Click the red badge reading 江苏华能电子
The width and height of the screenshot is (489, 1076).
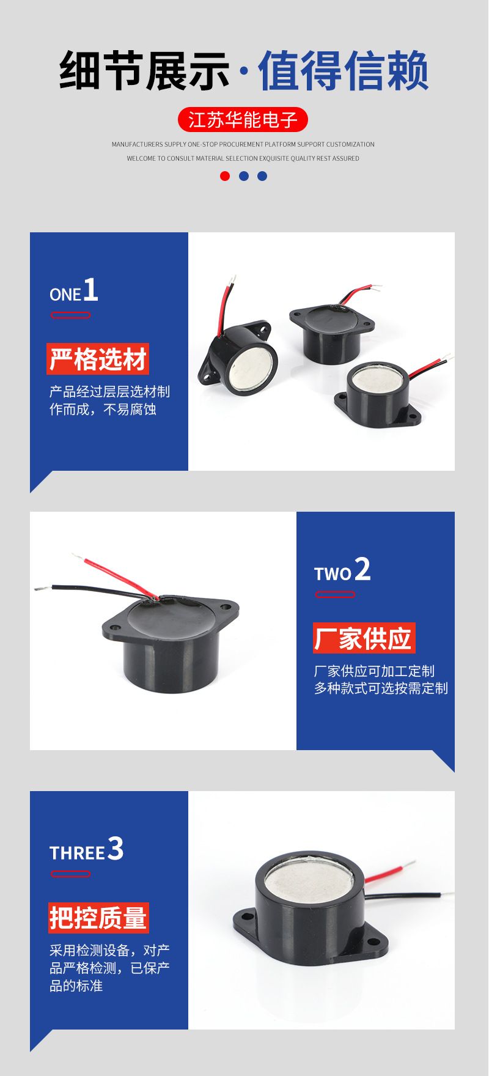click(243, 120)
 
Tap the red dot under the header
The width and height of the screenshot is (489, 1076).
click(225, 176)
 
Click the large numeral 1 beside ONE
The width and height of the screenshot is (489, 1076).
click(90, 290)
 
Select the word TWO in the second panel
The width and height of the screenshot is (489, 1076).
click(333, 574)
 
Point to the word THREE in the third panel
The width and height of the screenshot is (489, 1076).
click(77, 853)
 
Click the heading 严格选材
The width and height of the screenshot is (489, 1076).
click(98, 359)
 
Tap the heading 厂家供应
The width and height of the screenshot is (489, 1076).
click(364, 638)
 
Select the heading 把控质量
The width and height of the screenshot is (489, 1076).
click(98, 918)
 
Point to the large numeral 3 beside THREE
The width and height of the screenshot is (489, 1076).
click(116, 849)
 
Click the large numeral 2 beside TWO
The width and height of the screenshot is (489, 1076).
click(362, 569)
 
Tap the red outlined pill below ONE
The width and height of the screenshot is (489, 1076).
click(70, 315)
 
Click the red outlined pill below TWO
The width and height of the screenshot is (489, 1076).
click(335, 594)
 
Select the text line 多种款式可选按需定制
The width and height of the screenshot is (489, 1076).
click(381, 688)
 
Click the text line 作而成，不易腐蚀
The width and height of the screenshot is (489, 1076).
click(103, 409)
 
